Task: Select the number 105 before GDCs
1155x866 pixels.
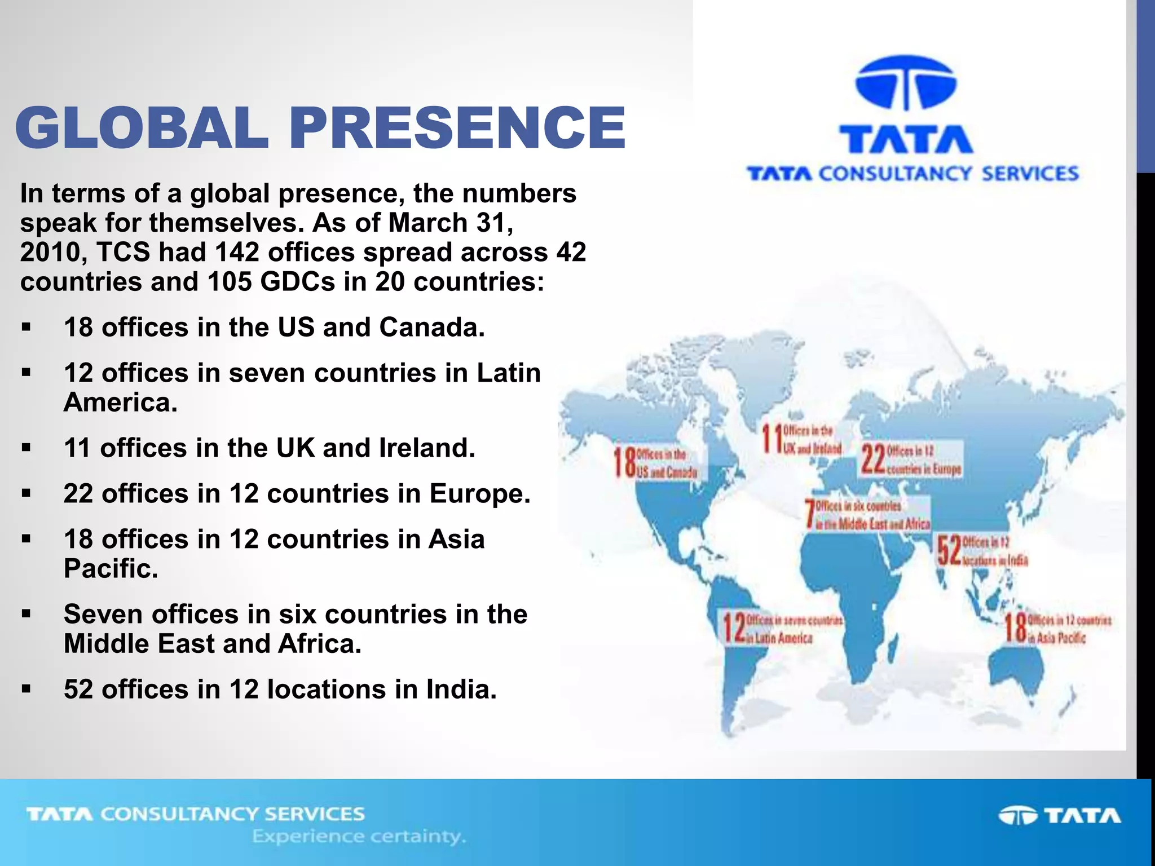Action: (230, 281)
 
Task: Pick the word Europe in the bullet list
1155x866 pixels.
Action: (480, 494)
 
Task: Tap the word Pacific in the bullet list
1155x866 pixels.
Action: (111, 568)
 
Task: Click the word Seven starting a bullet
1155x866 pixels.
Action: (103, 614)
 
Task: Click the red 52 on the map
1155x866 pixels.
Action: (949, 551)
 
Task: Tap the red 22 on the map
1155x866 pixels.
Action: (873, 459)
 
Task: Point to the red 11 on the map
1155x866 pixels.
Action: (771, 439)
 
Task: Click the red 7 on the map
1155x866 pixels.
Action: (810, 514)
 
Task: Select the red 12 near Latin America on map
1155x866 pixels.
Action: (734, 628)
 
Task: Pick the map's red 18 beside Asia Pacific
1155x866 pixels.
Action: (1015, 628)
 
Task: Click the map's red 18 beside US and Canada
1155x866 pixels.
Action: (625, 462)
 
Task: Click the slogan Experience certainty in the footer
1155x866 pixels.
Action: (359, 836)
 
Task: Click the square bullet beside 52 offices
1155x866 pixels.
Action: (26, 689)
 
